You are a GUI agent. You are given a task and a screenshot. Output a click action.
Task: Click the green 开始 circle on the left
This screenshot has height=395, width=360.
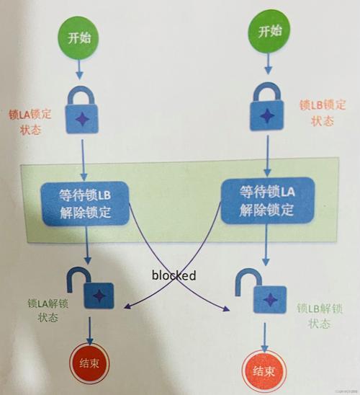(82, 39)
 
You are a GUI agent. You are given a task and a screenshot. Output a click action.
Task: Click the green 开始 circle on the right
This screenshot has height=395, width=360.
(268, 32)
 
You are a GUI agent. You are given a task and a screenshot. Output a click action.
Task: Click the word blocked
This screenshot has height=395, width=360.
(174, 275)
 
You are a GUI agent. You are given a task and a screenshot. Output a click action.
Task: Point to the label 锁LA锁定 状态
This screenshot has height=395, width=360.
(30, 120)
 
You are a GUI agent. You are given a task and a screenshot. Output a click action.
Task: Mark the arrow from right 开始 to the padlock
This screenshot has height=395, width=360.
(268, 63)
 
